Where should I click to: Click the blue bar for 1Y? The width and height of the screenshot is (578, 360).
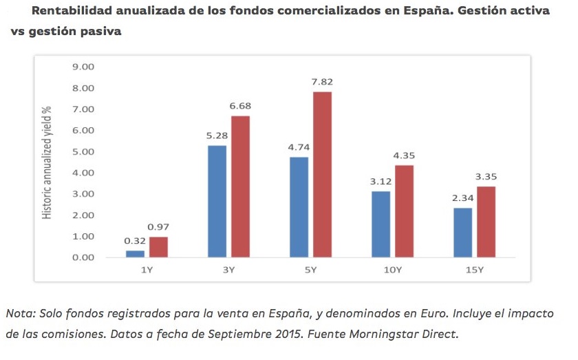click(x=135, y=254)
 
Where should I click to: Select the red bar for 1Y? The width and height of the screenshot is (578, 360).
click(x=158, y=247)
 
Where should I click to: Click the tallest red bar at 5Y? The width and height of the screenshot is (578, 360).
click(x=322, y=175)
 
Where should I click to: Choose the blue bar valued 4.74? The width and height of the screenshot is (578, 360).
click(x=299, y=207)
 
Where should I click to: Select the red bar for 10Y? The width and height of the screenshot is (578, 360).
click(x=404, y=211)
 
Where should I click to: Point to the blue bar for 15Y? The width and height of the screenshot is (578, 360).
click(x=462, y=233)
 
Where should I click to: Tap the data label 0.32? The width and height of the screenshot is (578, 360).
click(x=134, y=241)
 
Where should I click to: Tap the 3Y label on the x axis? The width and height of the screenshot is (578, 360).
click(x=228, y=270)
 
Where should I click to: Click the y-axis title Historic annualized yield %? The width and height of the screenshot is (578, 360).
click(x=47, y=162)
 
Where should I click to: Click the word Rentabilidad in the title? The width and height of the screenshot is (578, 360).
click(x=69, y=11)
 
